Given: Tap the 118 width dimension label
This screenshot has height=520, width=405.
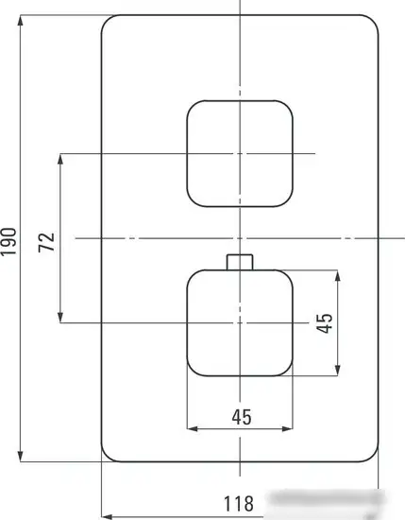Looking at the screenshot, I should tap(239, 505).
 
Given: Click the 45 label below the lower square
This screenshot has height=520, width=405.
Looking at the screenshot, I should tap(240, 415).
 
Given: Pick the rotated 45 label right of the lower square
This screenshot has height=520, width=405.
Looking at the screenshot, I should tap(324, 323).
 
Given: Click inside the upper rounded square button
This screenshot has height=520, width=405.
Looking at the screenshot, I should tap(240, 153).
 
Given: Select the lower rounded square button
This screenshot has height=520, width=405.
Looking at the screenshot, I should tap(240, 322).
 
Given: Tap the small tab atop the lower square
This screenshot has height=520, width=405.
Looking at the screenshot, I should tap(240, 262).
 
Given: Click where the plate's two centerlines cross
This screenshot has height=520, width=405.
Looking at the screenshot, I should tap(240, 238).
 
